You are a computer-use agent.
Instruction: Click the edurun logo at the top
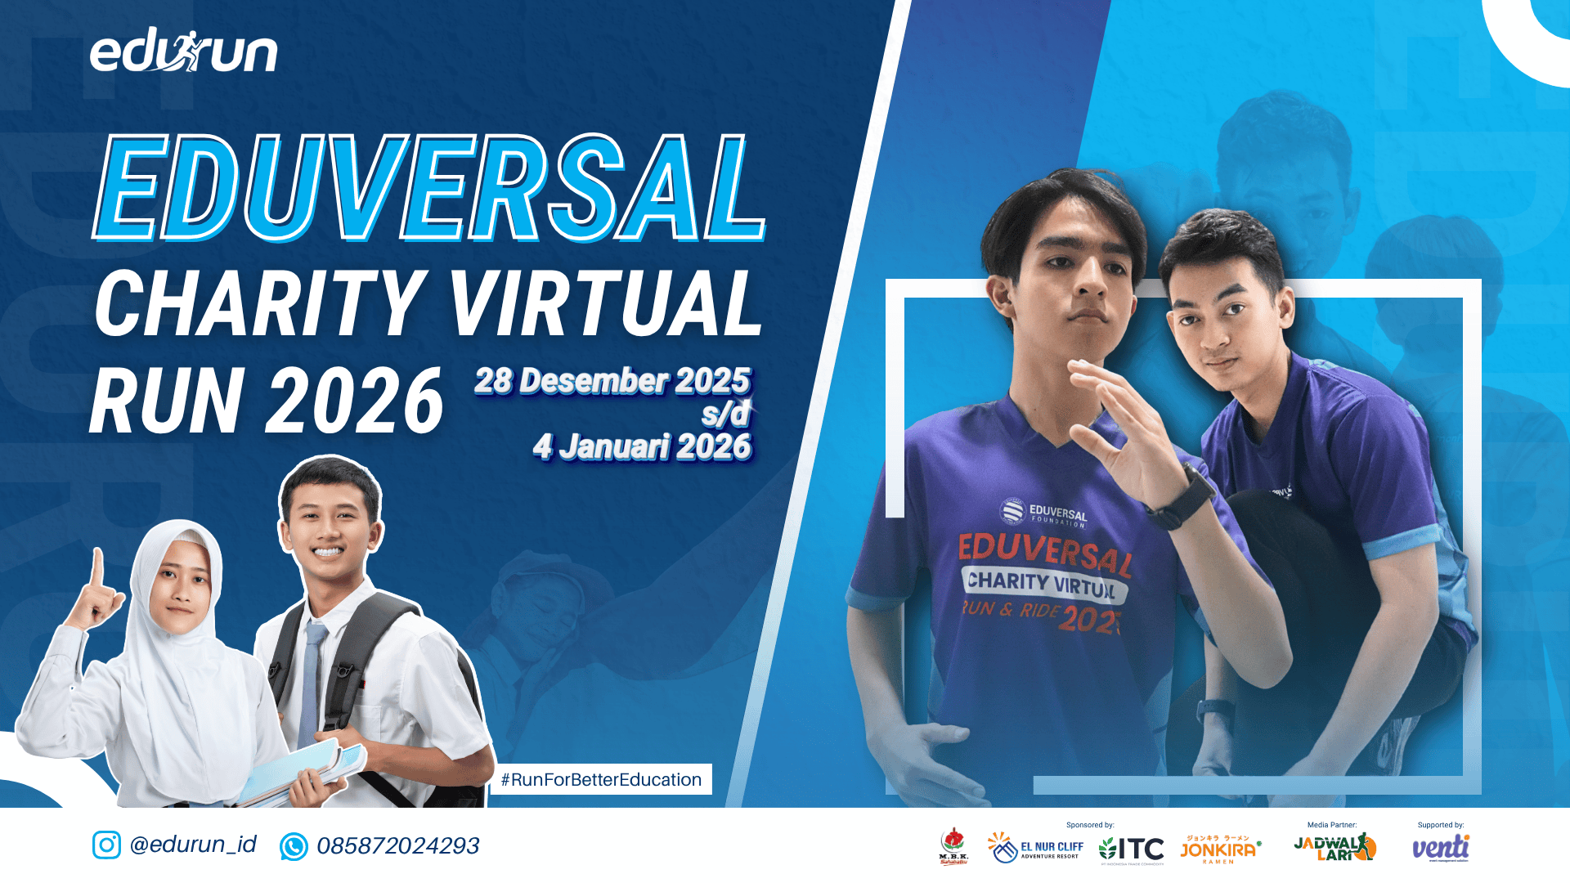(184, 52)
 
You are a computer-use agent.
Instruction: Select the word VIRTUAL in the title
(605, 304)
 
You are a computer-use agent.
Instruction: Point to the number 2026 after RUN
(356, 401)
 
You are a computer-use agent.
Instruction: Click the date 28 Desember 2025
(612, 381)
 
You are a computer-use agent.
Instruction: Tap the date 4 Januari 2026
(642, 447)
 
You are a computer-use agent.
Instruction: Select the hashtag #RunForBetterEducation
(601, 779)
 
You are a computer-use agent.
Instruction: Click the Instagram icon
(106, 845)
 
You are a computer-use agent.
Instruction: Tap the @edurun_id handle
(193, 845)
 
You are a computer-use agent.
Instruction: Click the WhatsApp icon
(294, 846)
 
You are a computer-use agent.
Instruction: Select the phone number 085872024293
(398, 846)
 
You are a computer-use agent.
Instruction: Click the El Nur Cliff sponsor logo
(1035, 848)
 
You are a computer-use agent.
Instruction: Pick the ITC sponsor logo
(1132, 849)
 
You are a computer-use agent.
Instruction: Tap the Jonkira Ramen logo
(1219, 849)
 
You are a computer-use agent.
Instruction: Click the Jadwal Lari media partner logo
(1334, 848)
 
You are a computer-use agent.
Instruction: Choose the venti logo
(1441, 848)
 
